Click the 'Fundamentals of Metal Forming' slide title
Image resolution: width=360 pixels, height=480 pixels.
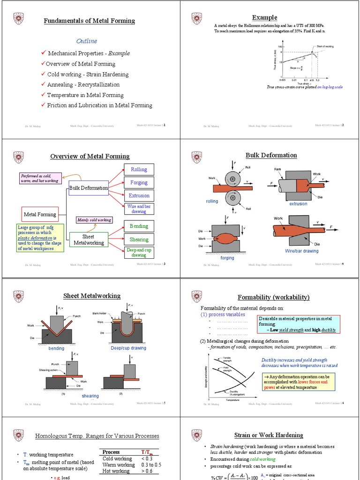click(x=89, y=21)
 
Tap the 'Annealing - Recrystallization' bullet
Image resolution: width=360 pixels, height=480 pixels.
click(x=83, y=85)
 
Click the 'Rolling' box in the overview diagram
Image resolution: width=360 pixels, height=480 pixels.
click(x=139, y=170)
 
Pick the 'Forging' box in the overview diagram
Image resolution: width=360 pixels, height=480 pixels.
click(x=139, y=183)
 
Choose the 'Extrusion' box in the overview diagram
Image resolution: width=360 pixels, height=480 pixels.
click(x=139, y=195)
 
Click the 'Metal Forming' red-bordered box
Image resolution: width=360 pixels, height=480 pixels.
click(x=40, y=215)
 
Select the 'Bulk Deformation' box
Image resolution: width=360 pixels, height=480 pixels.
click(x=89, y=188)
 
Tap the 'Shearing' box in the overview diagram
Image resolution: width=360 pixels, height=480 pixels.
click(x=139, y=240)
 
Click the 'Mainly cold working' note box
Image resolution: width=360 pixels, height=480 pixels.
click(x=94, y=220)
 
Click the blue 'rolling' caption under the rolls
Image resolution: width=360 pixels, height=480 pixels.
click(x=212, y=202)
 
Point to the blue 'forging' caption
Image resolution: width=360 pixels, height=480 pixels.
click(x=227, y=258)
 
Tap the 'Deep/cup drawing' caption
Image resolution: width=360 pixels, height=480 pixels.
click(x=128, y=348)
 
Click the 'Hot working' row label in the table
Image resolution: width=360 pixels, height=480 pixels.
click(x=116, y=471)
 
